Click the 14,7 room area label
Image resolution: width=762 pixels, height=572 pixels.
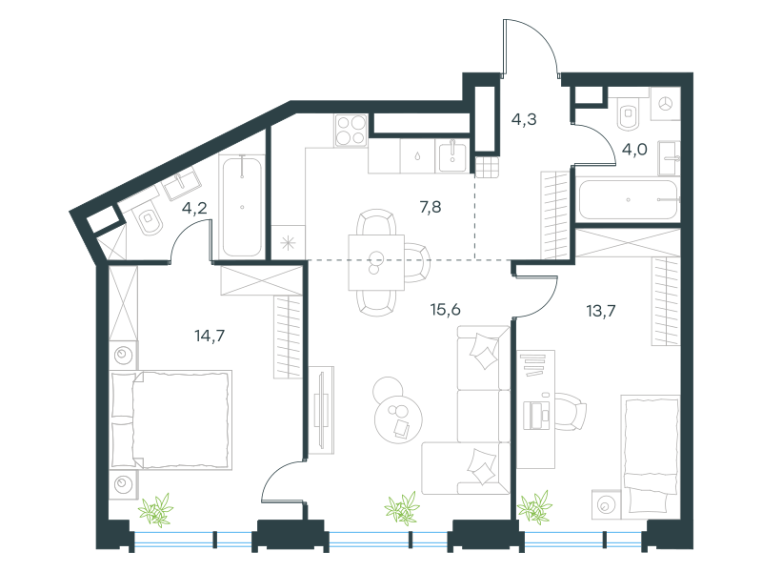[x=210, y=336]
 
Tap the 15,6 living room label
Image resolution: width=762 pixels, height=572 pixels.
[x=445, y=309]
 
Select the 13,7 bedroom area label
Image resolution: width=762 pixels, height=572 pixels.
[x=601, y=311]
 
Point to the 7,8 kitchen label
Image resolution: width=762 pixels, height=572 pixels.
[x=431, y=207]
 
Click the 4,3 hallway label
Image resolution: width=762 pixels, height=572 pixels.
[x=524, y=118]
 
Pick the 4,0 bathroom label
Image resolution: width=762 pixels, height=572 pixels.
[x=634, y=150]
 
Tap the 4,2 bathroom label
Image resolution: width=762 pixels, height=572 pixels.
[x=194, y=208]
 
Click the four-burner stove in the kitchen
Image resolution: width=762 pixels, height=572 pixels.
[x=351, y=130]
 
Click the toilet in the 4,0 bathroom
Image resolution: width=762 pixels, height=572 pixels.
[x=629, y=113]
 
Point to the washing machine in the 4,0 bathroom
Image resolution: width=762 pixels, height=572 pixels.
[x=665, y=104]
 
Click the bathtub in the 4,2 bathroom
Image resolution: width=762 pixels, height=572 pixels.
[x=242, y=206]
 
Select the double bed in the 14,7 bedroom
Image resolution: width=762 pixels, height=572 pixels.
[x=171, y=420]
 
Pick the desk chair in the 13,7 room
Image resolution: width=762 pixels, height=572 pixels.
[x=571, y=412]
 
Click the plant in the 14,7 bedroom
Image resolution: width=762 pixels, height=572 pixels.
[x=155, y=510]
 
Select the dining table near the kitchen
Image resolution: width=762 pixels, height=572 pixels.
[x=376, y=263]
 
